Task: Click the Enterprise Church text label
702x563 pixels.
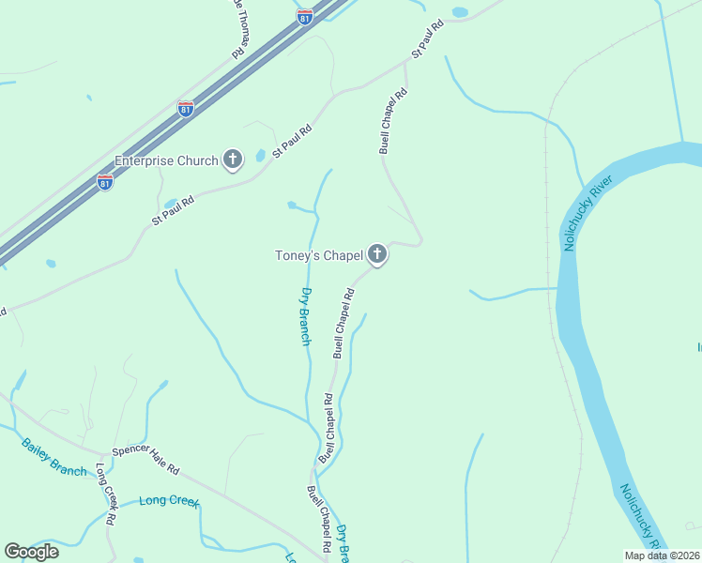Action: tap(165, 160)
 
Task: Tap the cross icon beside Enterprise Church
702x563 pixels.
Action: tap(233, 160)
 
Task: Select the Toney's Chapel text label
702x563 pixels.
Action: tap(317, 255)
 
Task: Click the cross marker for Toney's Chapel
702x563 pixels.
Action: tap(377, 254)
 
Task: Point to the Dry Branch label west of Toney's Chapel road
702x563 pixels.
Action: tap(305, 316)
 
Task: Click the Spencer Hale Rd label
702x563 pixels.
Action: tap(145, 460)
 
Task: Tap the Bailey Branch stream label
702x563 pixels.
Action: tap(54, 457)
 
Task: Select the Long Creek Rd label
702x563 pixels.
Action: tap(105, 494)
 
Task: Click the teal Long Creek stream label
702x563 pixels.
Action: tap(170, 500)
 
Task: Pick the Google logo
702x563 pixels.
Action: tap(31, 551)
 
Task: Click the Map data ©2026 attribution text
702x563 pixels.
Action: tap(663, 555)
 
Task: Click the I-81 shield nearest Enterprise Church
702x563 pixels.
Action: tap(105, 181)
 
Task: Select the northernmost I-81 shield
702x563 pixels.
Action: tap(304, 16)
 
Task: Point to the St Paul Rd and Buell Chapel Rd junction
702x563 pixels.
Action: tap(405, 64)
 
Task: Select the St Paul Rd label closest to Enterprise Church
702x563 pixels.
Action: tap(291, 142)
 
